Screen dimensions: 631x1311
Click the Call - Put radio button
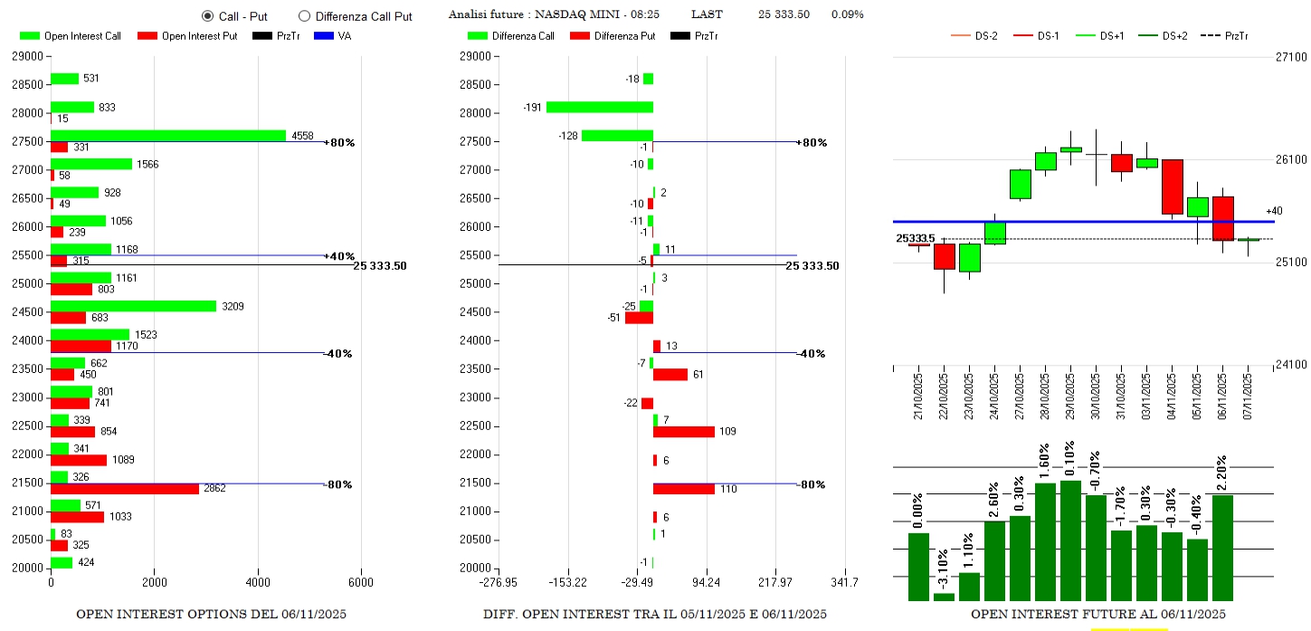tap(208, 15)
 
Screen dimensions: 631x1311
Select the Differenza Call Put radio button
tap(304, 15)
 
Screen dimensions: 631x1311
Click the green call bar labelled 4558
tap(168, 136)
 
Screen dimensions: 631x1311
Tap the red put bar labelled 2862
tap(125, 489)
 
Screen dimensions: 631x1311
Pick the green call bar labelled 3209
tap(134, 306)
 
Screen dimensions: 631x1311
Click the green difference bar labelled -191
tap(599, 107)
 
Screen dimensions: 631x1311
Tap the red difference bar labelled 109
tap(684, 432)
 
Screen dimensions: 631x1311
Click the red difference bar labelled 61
tap(670, 375)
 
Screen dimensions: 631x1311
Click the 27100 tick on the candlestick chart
tap(1289, 57)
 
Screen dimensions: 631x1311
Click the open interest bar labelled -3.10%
tap(944, 596)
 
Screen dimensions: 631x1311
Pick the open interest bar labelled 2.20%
tap(1222, 547)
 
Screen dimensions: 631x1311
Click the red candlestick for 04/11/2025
tap(1173, 186)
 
